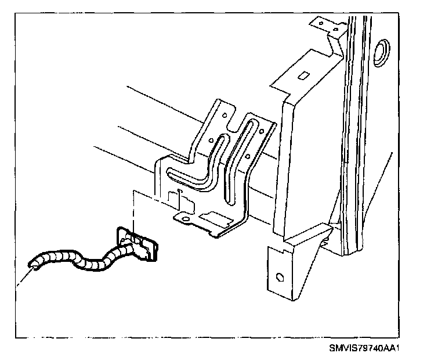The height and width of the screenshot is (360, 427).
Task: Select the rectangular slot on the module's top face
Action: tap(302, 75)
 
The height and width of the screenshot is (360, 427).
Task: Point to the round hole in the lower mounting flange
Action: tap(279, 277)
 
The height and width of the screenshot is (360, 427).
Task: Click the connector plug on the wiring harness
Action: tap(138, 244)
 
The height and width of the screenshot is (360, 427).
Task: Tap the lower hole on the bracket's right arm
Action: tap(249, 156)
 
